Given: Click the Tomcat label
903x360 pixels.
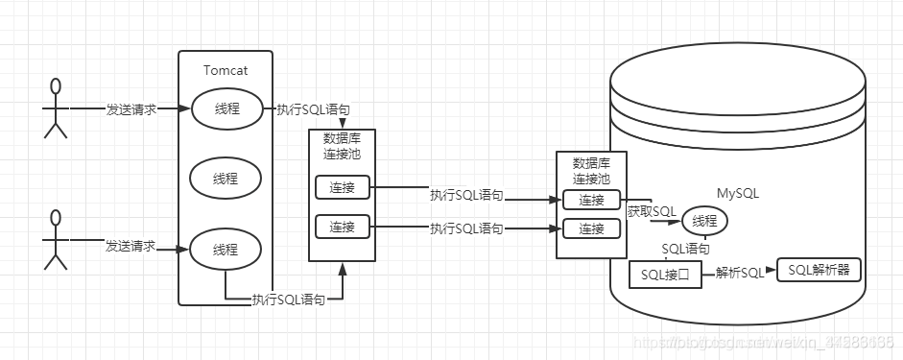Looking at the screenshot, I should pos(226,70).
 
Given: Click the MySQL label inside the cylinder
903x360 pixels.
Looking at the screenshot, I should pos(738,193).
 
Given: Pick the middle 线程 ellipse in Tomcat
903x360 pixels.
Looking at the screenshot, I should pos(226,179).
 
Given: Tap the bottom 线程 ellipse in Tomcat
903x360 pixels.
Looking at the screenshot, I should pos(226,251).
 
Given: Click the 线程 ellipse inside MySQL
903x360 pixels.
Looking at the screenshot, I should pos(703,222).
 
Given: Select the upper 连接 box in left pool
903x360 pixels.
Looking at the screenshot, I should pos(343,188).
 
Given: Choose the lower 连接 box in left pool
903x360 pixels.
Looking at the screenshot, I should pos(343,228).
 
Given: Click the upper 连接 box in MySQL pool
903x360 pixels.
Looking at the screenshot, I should pos(591,201).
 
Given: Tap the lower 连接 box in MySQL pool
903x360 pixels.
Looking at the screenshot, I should pos(591,229).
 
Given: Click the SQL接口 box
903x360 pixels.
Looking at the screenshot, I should pos(664,275).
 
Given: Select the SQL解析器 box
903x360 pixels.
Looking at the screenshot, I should pos(819,270).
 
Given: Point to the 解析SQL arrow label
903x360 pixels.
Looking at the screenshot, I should pos(740,273).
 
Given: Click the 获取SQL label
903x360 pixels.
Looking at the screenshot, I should pos(653,211).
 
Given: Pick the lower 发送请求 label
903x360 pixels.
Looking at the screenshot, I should pos(131,247).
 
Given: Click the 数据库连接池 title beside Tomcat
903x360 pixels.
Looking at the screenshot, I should pos(341,145).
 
